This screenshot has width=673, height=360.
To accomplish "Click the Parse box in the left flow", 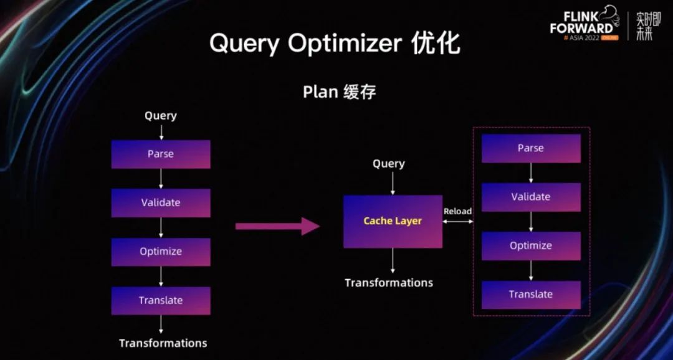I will tap(161, 154).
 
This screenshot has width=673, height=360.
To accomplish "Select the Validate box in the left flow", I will tap(161, 203).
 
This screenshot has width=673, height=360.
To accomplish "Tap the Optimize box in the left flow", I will tap(161, 252).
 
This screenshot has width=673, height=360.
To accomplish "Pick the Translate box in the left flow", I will tap(161, 300).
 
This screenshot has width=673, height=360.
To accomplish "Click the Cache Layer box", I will tap(393, 221).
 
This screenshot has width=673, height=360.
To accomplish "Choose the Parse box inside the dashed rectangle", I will tap(531, 148).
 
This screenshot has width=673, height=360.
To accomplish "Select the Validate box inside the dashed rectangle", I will tap(531, 197).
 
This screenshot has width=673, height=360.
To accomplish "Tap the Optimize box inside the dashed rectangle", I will tap(531, 245).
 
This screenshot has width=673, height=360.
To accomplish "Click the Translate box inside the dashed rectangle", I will tap(531, 294).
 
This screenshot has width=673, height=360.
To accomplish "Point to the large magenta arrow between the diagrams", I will tap(277, 226).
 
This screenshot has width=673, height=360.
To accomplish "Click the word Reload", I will tap(457, 211).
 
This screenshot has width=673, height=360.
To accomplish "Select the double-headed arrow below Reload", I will tap(458, 221).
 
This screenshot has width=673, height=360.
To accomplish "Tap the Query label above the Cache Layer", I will tap(389, 164).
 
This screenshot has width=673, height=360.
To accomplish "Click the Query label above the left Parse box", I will tap(161, 116).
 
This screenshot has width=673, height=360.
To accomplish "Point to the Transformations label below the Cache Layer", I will tap(389, 283).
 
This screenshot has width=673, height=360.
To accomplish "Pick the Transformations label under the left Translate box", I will tap(163, 343).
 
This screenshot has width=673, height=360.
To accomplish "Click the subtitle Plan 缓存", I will tap(339, 92).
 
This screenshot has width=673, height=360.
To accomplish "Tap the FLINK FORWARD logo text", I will tap(581, 23).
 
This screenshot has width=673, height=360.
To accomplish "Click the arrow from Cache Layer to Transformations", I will tap(393, 261).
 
